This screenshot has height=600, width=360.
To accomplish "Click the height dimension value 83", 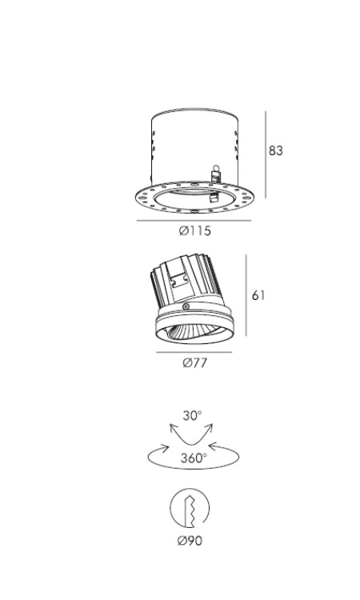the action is click(x=275, y=150).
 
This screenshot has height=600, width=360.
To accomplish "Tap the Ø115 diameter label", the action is click(x=195, y=231).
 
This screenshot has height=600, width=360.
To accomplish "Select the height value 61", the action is click(x=258, y=295).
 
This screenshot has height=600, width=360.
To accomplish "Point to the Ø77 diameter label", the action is click(x=194, y=362).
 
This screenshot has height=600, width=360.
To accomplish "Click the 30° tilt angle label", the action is click(x=192, y=415).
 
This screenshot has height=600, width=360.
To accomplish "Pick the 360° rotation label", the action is click(x=194, y=458).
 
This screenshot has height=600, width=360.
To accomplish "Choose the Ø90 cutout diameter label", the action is click(x=190, y=541).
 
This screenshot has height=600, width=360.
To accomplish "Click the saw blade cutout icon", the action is click(x=190, y=508).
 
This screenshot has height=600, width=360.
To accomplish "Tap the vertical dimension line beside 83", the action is click(x=265, y=155).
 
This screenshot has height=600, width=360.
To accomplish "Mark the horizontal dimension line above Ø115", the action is click(x=194, y=221).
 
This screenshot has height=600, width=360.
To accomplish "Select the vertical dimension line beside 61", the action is click(x=246, y=295).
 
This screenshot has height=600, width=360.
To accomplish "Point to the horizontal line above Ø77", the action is click(x=194, y=352).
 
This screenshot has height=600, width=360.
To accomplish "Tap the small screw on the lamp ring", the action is click(x=186, y=306).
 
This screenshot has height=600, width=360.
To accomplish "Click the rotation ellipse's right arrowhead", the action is click(x=214, y=447).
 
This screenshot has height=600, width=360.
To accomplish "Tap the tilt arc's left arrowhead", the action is click(x=173, y=428).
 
